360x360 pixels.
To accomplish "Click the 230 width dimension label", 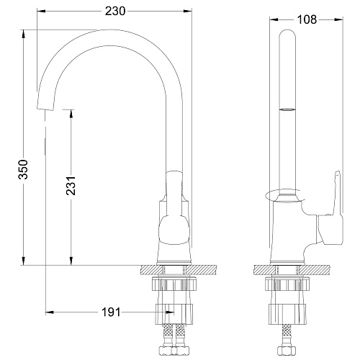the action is [x=115, y=12].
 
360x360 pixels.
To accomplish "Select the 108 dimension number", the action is [x=307, y=19].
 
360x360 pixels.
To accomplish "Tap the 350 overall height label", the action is [x=24, y=169].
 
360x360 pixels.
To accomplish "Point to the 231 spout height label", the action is [x=71, y=186].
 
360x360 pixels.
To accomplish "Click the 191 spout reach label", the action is [x=111, y=312].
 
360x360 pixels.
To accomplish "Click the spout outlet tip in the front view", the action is [x=45, y=109].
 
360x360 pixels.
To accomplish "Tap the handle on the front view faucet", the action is [x=174, y=209].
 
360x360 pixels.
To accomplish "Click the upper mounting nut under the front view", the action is [x=174, y=284].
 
